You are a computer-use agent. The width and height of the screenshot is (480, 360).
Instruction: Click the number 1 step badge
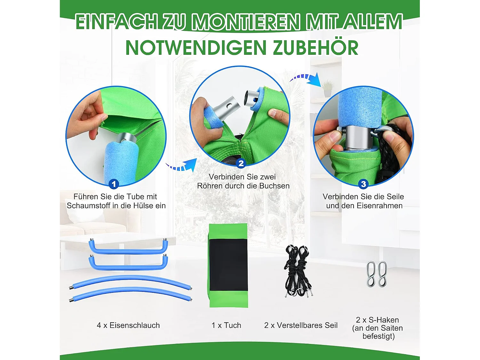click(114, 184)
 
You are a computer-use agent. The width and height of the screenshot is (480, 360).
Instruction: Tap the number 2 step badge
click(241, 163)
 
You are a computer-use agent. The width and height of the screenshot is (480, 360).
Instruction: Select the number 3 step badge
click(363, 184)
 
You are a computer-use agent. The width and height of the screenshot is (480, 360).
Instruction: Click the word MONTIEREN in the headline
click(246, 22)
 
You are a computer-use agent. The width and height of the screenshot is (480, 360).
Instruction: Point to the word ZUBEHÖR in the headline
click(315, 48)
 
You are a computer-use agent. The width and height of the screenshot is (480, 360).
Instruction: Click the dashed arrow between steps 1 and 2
click(182, 165)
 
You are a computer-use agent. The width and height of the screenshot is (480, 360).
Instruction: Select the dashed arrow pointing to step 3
click(306, 78)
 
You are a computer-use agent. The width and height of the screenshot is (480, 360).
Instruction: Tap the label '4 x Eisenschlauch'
click(128, 325)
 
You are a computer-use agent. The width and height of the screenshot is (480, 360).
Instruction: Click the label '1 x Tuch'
click(226, 325)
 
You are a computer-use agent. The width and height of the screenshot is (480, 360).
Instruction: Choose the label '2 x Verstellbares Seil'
click(301, 325)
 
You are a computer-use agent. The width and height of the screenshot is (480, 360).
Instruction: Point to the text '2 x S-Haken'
click(377, 320)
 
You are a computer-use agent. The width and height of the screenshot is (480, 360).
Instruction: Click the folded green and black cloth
click(228, 266)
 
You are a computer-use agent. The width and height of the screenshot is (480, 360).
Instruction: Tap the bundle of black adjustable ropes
click(297, 270)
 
